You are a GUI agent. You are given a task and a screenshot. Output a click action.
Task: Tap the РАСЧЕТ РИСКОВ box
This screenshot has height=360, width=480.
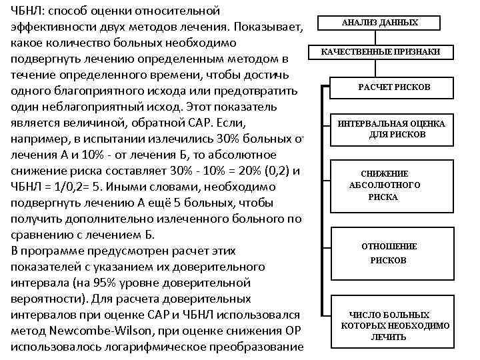click(x=393, y=87)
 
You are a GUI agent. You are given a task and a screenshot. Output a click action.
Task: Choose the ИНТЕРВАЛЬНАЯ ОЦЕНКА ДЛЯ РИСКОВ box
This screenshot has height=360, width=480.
click(x=393, y=129)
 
